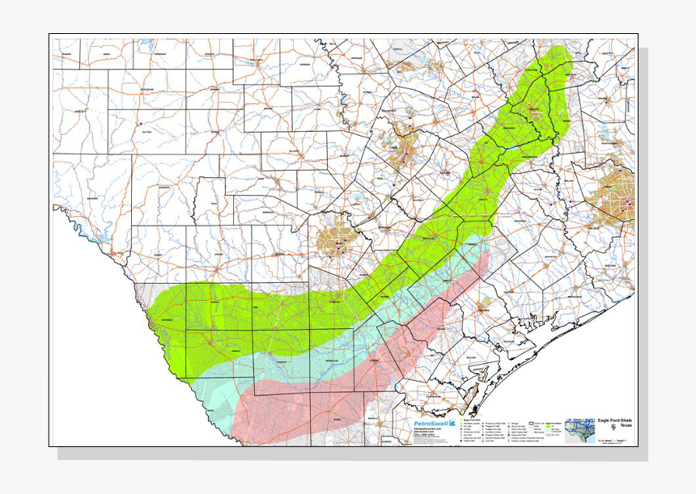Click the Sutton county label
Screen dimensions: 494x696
tap(146, 129)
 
